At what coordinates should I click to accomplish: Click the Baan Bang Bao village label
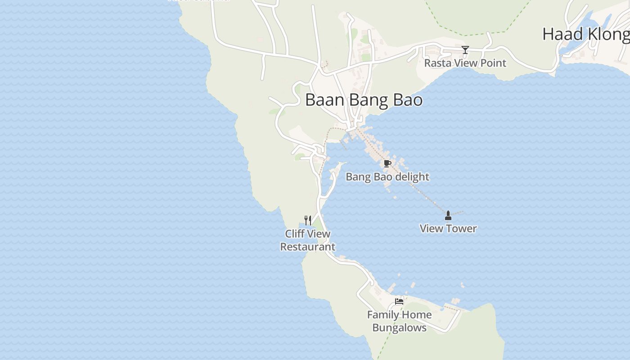pyautogui.click(x=364, y=100)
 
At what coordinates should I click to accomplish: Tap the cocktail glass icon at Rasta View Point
pyautogui.click(x=465, y=50)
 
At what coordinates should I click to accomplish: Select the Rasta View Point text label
pyautogui.click(x=465, y=63)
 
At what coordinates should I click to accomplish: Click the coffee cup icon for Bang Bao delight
pyautogui.click(x=387, y=163)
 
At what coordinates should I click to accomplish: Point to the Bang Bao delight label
pyautogui.click(x=387, y=177)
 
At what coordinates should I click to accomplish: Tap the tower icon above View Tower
pyautogui.click(x=448, y=216)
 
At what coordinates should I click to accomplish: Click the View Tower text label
pyautogui.click(x=448, y=229)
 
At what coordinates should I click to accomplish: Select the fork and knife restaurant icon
pyautogui.click(x=308, y=220)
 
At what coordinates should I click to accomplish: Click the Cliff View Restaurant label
pyautogui.click(x=308, y=240)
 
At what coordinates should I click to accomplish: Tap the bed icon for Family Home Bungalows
pyautogui.click(x=399, y=301)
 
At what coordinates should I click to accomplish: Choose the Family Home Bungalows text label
pyautogui.click(x=400, y=321)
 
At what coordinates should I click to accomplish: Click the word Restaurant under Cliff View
pyautogui.click(x=308, y=247)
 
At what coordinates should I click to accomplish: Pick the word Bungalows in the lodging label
pyautogui.click(x=400, y=328)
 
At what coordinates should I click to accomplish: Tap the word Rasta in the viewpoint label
pyautogui.click(x=437, y=63)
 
